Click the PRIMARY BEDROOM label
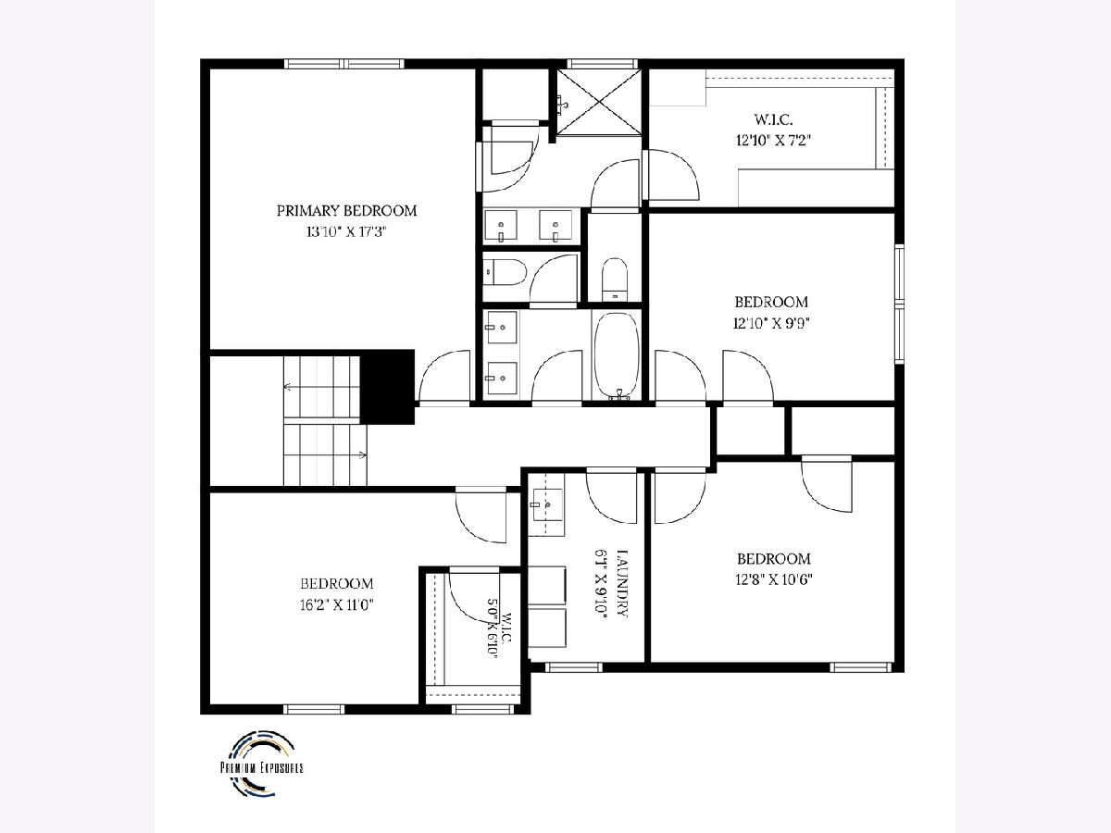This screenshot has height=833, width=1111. click(346, 211)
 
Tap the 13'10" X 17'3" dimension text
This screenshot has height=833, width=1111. click(346, 232)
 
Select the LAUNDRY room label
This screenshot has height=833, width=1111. click(622, 583)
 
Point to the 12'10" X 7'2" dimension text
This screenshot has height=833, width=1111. click(773, 140)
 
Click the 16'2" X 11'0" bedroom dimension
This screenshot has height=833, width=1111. click(337, 605)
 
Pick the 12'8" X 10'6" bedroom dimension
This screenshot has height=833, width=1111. click(774, 579)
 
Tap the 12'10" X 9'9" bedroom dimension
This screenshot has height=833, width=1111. click(771, 323)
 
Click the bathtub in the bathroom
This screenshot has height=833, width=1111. click(617, 355)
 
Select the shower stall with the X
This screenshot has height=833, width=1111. click(599, 103)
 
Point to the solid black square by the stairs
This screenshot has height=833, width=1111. click(387, 387)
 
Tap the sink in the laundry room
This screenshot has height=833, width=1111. click(546, 504)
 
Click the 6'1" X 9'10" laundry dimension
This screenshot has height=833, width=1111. click(601, 584)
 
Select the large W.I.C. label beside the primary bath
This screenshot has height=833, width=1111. click(773, 119)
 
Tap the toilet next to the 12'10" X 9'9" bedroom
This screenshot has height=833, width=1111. click(615, 279)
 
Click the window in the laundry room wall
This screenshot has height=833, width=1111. click(574, 667)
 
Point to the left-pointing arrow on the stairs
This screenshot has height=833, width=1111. click(288, 387)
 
